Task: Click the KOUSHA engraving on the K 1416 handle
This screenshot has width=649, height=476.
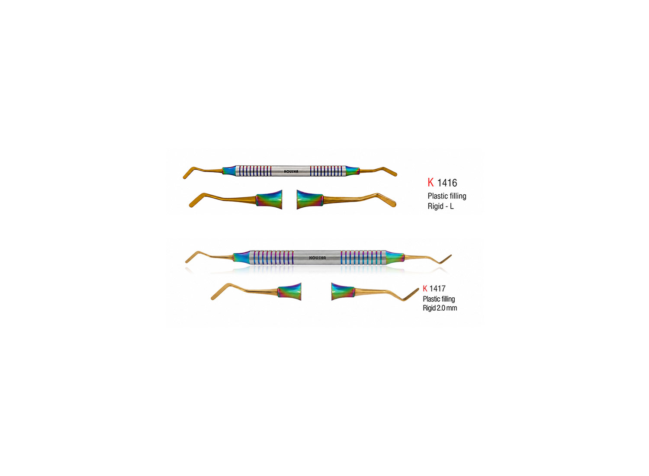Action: (x=291, y=171)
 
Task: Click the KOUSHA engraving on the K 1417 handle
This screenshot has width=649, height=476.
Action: (x=318, y=258)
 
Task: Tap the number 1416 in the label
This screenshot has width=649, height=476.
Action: (x=447, y=183)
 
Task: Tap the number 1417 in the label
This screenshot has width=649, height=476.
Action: (x=437, y=289)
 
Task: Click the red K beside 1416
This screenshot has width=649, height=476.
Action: (x=431, y=183)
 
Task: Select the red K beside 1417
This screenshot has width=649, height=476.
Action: (x=425, y=289)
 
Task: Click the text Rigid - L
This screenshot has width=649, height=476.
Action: (x=441, y=206)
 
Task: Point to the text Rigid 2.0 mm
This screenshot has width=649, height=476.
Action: (x=440, y=308)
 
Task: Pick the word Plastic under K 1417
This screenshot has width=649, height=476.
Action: (x=431, y=299)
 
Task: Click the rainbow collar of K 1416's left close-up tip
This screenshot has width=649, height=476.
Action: (x=269, y=199)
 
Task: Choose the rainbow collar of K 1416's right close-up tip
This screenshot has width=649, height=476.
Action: (x=310, y=199)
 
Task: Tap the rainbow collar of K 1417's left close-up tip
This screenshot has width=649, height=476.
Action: (x=289, y=292)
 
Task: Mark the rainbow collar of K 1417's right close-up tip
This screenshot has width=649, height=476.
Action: (x=343, y=292)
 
